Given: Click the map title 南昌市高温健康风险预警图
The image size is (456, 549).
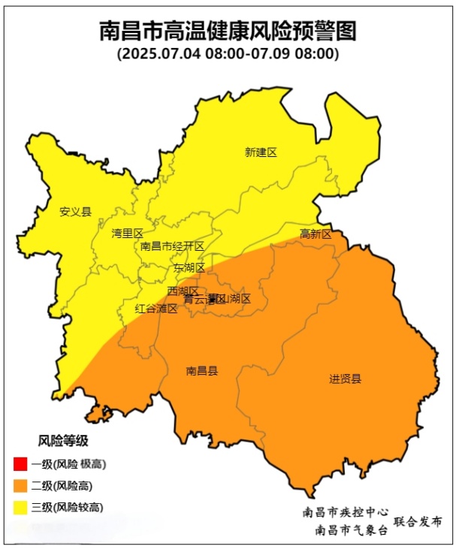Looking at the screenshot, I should tap(228, 32).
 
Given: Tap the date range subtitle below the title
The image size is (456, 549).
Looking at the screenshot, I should tap(228, 55).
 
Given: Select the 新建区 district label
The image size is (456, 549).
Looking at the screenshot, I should tap(261, 152).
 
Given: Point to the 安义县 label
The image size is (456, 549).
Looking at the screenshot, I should tap(75, 212).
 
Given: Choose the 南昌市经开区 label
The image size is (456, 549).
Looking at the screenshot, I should tap(172, 246).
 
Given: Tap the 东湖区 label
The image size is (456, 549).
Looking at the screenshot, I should tap(189, 267).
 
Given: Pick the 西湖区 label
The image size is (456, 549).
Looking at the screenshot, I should tap(183, 291).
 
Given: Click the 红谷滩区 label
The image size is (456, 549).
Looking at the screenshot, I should tap(156, 308).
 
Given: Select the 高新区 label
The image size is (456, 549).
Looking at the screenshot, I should tap(316, 234).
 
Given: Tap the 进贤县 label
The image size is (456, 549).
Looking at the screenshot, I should tap(345, 379).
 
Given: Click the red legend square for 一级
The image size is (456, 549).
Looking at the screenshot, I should tap(20, 463).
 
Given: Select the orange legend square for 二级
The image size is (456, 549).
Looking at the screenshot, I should tap(20, 485).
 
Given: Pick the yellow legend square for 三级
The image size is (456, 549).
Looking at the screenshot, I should tap(20, 508).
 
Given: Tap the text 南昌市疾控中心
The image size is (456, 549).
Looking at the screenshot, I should tap(346, 512).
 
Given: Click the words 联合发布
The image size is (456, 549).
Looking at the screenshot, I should tap(418, 521).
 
